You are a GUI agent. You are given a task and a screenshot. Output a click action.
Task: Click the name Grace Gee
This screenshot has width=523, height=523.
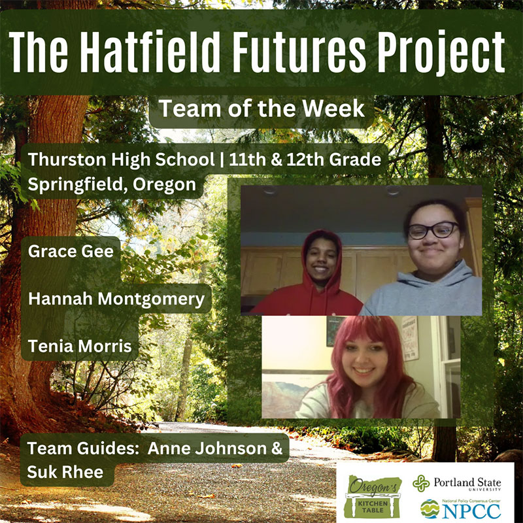[71, 251]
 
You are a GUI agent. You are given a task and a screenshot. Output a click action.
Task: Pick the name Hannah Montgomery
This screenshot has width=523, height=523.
[116, 299]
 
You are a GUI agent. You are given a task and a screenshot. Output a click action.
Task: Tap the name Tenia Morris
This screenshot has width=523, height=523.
[80, 346]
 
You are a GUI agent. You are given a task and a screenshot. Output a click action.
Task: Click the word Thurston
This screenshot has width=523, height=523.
[67, 159]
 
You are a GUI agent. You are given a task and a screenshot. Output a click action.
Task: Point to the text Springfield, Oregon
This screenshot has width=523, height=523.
[112, 184]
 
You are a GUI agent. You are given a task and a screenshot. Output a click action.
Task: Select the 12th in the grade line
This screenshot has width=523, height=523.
[305, 159]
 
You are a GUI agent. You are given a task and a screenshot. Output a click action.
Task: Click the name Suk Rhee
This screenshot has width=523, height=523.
[65, 472]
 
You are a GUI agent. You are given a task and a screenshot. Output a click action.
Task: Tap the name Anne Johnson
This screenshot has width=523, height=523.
[207, 448]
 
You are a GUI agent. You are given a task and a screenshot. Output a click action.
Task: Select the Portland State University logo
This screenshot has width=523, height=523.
[456, 483]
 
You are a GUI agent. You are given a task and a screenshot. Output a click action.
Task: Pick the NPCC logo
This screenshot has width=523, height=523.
[460, 509]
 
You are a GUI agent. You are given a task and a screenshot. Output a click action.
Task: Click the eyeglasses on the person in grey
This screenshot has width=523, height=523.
[433, 230]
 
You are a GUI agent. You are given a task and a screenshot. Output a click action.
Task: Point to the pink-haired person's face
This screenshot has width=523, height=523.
[364, 360]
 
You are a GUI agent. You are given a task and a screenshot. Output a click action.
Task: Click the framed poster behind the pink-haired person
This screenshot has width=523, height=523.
[410, 338]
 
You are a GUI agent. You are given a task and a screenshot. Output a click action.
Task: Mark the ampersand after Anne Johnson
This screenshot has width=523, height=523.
[277, 448]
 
